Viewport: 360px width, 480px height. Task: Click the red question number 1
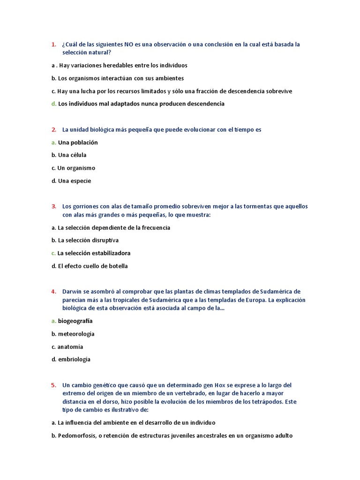(53, 45)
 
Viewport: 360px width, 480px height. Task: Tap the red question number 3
(53, 207)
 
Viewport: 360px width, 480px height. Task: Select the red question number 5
(53, 385)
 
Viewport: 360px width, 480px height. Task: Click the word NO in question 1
(129, 45)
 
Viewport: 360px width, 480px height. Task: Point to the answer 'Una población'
(78, 142)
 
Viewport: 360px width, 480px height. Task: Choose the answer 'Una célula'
(72, 155)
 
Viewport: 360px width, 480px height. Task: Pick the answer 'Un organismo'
(76, 168)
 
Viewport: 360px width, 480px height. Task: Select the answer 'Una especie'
(75, 181)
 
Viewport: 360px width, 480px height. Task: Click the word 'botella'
(117, 266)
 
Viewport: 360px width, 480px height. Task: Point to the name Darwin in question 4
(72, 292)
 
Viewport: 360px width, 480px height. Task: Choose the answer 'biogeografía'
(75, 322)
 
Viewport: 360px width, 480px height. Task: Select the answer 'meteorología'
(76, 334)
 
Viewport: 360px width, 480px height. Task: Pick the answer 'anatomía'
(70, 347)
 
